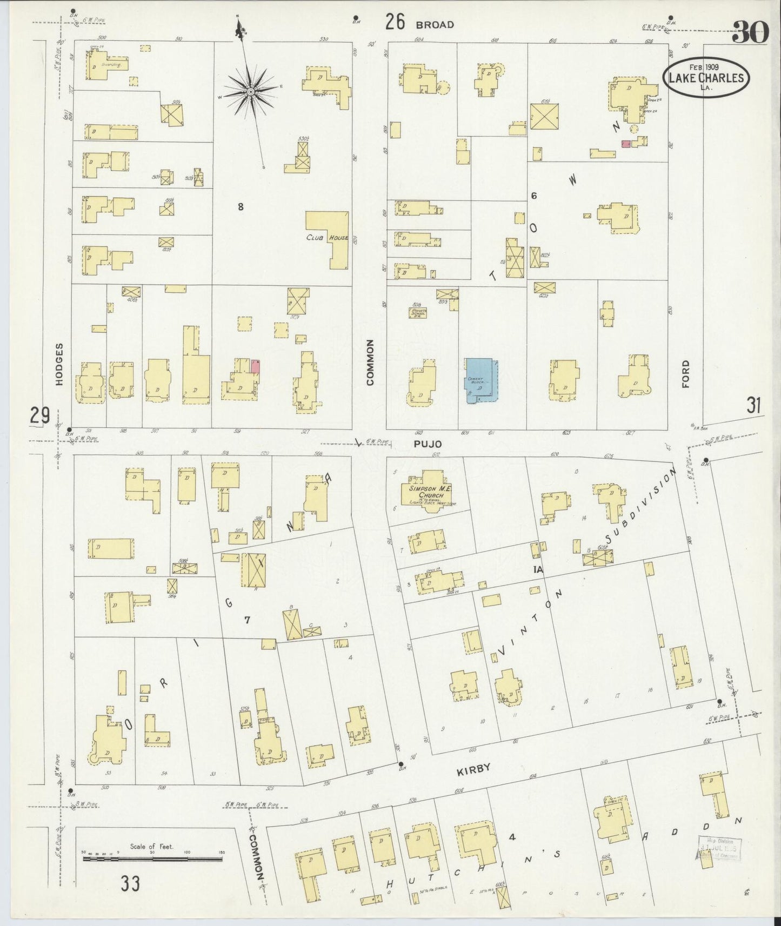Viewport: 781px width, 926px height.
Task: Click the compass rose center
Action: click(x=251, y=92)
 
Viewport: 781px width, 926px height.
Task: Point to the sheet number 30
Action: click(x=750, y=33)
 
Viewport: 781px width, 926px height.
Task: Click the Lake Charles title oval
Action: click(x=706, y=78)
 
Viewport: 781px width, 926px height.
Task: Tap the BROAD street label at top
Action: click(x=435, y=24)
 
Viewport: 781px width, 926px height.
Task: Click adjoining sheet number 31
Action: click(x=754, y=405)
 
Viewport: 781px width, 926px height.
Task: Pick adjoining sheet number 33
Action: click(x=130, y=884)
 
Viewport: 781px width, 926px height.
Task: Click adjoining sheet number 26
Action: click(x=395, y=23)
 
